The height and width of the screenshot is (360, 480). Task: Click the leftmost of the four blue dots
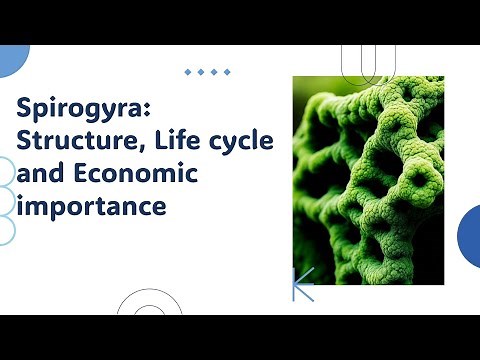[x=189, y=72]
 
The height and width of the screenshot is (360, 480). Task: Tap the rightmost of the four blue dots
[x=227, y=72]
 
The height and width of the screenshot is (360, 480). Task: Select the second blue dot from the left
[x=202, y=72]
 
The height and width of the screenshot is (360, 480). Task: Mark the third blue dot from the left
[x=214, y=72]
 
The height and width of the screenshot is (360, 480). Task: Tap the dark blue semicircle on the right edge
[x=470, y=236]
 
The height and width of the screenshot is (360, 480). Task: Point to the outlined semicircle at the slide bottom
[x=148, y=304]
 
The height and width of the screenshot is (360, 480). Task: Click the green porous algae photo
[x=367, y=180]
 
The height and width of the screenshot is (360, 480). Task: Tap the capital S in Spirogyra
[x=27, y=107]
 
